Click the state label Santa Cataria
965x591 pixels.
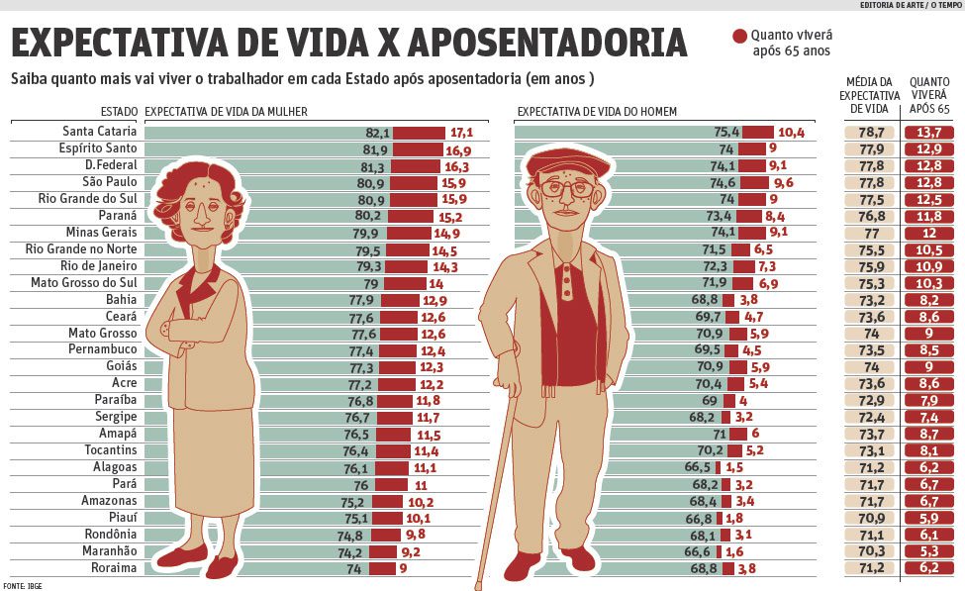tap(99, 132)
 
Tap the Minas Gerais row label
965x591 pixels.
tap(100, 233)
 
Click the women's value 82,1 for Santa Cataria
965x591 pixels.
tap(378, 132)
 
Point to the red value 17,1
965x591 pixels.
tap(461, 132)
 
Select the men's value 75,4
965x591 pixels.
tap(726, 132)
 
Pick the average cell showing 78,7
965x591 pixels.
tap(871, 132)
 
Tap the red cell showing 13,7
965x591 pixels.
tap(928, 132)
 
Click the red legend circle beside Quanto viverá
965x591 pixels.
tap(739, 37)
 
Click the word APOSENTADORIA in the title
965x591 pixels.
tap(546, 43)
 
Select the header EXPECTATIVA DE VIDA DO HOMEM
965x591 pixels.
tap(597, 112)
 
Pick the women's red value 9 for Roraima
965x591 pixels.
tap(403, 568)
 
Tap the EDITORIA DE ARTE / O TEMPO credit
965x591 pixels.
tap(911, 5)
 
